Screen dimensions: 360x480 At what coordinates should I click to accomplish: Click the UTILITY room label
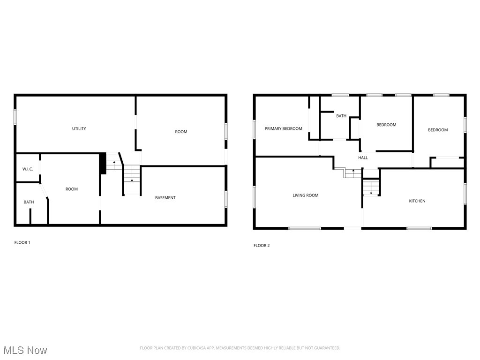tap(79, 128)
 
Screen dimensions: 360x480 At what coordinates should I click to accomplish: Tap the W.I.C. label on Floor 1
tap(28, 169)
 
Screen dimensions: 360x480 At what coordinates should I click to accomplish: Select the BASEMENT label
tap(165, 198)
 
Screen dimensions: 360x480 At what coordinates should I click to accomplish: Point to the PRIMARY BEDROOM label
tap(283, 128)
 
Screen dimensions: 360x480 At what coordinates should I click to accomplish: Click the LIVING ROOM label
tap(305, 195)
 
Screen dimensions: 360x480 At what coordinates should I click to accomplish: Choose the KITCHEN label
tap(417, 201)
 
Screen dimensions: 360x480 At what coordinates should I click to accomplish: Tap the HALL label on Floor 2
tap(363, 158)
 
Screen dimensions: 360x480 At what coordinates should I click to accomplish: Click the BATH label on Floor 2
tap(341, 116)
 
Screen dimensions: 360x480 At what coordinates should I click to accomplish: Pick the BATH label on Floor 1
tap(29, 202)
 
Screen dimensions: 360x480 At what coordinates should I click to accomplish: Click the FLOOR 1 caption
tap(22, 242)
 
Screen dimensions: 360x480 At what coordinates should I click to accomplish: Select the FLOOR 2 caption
tap(262, 246)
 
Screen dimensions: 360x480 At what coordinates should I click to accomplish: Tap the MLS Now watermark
tap(25, 350)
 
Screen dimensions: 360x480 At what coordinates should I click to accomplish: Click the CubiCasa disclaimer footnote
tap(240, 348)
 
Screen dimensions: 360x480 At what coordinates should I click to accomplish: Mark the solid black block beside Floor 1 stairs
tap(103, 164)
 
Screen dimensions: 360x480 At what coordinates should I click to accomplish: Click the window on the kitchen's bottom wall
tap(419, 228)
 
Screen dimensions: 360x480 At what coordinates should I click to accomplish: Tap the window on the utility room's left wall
tap(15, 117)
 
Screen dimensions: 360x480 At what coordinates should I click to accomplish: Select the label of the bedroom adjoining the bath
tap(386, 125)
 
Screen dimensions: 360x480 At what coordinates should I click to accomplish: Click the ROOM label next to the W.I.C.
tap(71, 189)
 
